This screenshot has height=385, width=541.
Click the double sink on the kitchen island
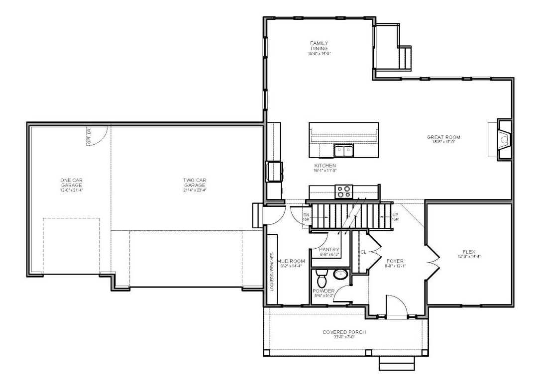[x=343, y=150]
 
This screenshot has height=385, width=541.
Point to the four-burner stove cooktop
[x=343, y=190]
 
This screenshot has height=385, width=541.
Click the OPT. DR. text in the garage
[x=90, y=137]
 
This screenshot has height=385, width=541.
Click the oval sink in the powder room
[x=341, y=274]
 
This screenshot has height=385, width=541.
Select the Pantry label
[x=329, y=252]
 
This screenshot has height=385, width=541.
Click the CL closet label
[x=363, y=252]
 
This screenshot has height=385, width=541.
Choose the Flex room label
[x=468, y=254]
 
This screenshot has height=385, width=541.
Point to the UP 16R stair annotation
[x=395, y=217]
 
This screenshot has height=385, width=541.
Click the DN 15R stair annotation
[x=306, y=217]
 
